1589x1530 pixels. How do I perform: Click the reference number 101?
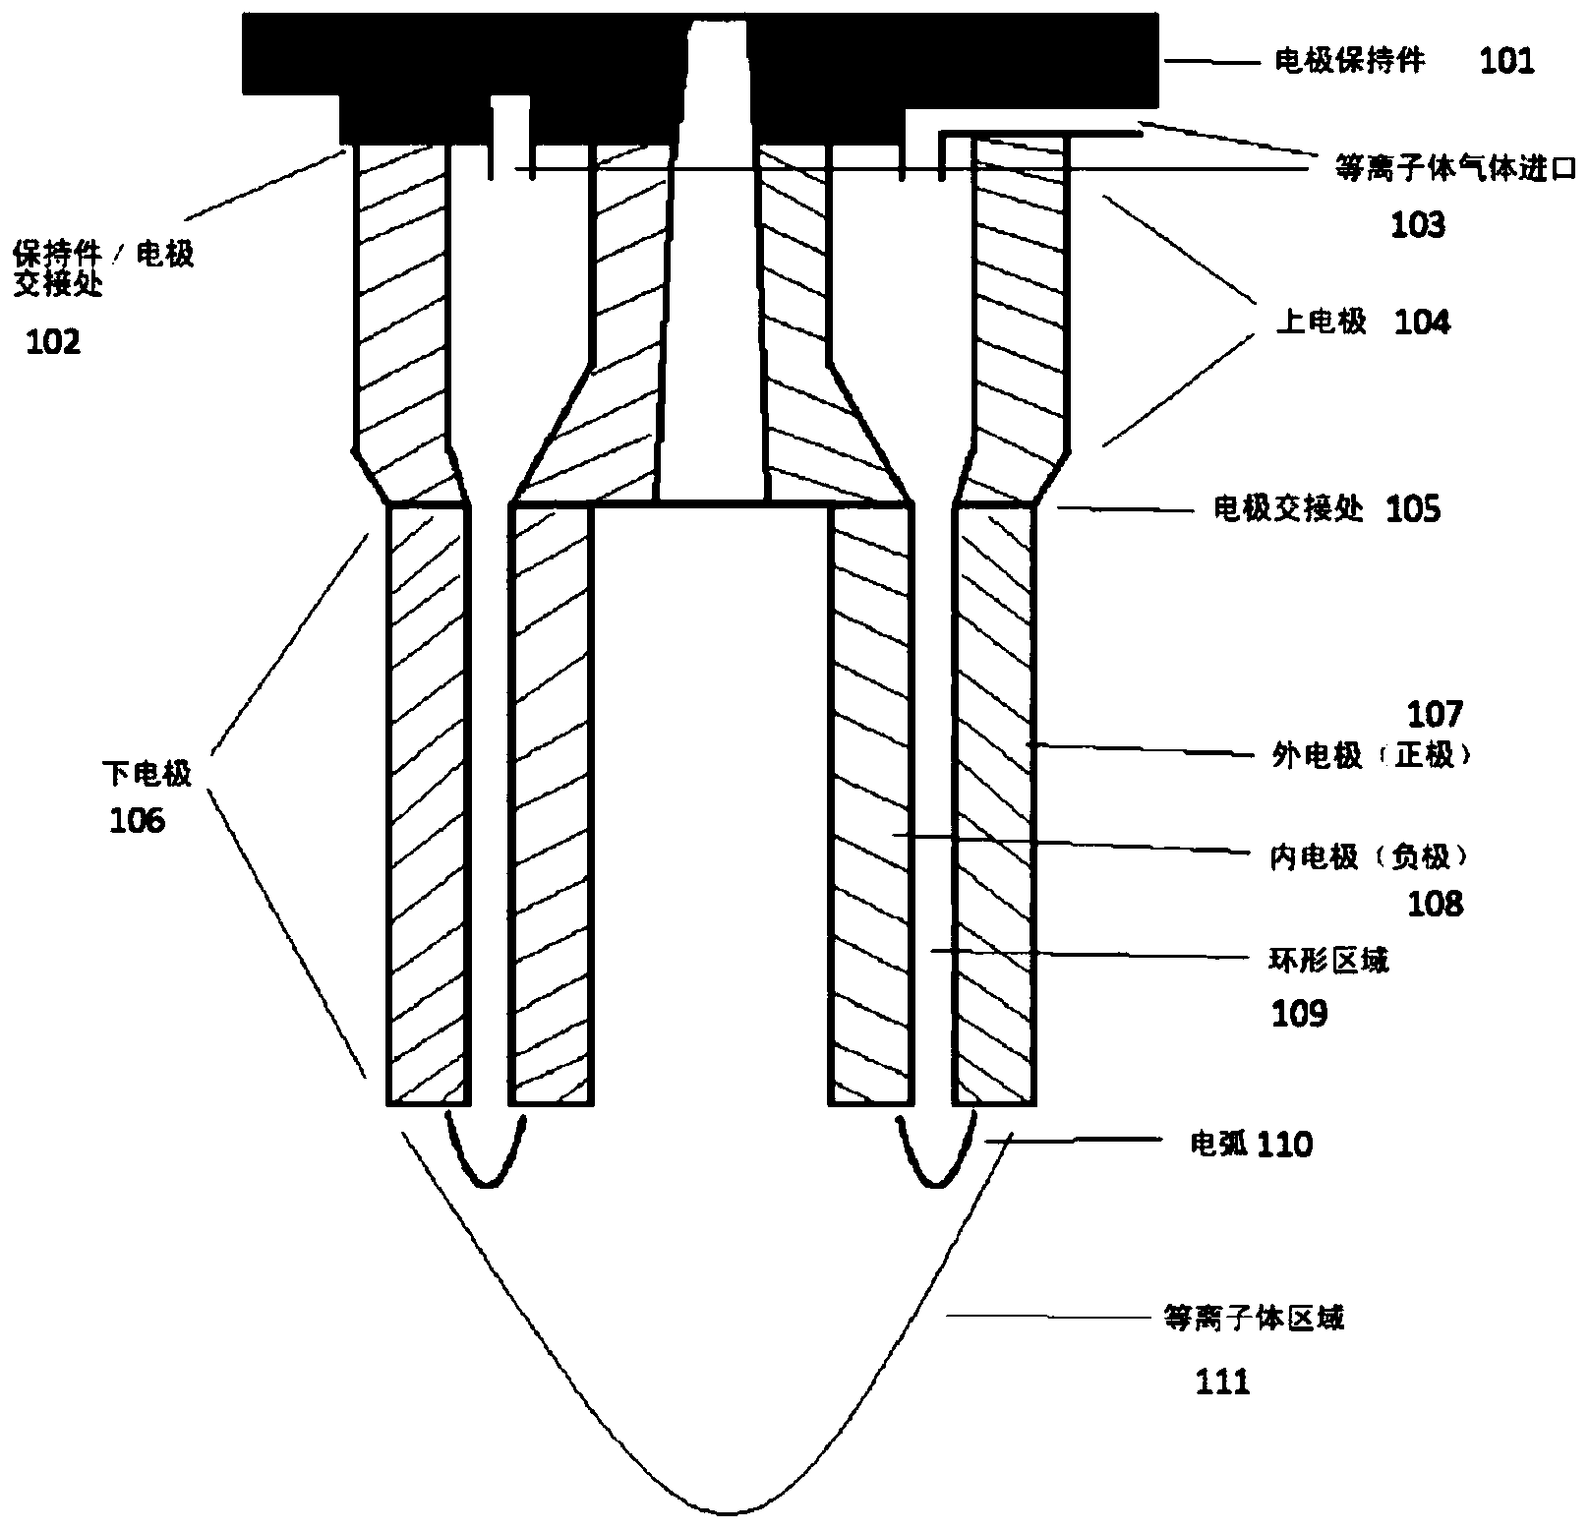1507,61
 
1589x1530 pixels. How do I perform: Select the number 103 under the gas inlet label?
1418,225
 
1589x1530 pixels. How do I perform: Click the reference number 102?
54,342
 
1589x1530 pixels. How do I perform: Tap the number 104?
1422,322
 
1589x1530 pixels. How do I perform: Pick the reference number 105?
1413,509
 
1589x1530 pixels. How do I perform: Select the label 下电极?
147,774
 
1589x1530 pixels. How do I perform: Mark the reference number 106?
137,819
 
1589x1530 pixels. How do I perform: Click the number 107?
1436,713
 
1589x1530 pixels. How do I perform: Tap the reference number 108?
1436,903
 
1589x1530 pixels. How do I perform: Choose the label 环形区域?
1329,960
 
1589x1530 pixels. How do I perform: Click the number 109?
1299,1013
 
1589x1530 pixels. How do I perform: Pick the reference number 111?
1222,1382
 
